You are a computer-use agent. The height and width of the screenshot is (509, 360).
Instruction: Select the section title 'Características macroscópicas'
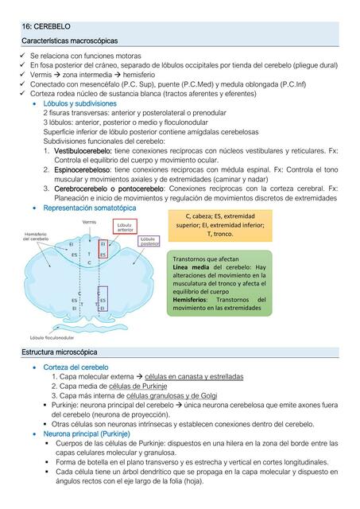[70, 40]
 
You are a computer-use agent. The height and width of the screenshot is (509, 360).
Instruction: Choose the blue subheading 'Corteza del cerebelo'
[75, 367]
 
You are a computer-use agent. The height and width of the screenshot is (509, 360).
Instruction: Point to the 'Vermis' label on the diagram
[89, 222]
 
